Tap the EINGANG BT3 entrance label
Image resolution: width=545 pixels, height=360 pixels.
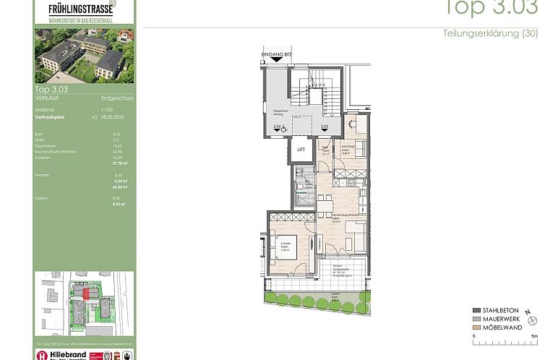[278, 55]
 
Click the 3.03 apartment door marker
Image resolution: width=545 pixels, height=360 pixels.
[325, 127]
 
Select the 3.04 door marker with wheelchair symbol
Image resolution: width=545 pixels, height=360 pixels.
[279, 128]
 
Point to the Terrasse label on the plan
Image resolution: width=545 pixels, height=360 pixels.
[337, 267]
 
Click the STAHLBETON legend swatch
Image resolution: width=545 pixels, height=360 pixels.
[477, 311]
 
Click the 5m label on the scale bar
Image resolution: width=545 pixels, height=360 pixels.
[534, 336]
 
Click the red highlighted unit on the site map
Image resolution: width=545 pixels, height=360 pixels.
[87, 293]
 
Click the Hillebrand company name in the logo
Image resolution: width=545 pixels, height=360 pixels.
[70, 354]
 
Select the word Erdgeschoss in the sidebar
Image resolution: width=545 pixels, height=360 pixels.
[117, 98]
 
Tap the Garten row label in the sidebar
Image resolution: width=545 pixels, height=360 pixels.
[41, 197]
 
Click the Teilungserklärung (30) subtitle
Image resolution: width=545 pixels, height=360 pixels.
[490, 34]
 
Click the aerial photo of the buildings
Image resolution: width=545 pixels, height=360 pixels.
[85, 56]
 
